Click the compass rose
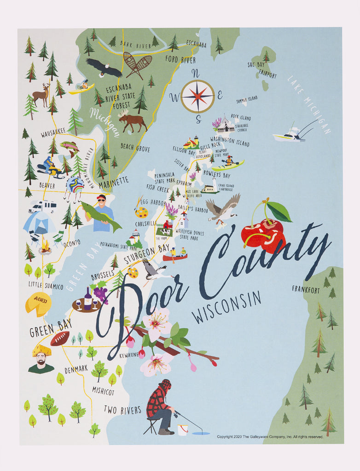197,96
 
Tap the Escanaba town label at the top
196,44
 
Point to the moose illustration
133,121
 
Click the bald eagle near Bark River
104,68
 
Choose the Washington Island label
230,141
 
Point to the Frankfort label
306,290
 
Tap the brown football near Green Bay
60,338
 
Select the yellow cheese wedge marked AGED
38,304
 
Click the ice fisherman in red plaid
161,407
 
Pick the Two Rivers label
122,409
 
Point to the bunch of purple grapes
100,294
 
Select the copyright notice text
270,437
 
